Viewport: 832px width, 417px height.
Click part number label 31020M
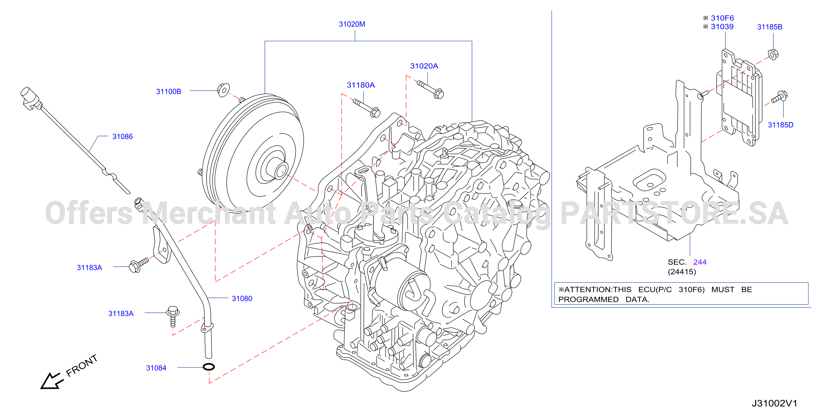point(352,24)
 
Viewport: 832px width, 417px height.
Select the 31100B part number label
point(169,92)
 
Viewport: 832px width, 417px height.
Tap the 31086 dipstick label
point(122,136)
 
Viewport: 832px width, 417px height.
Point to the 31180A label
point(361,85)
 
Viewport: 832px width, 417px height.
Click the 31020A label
point(424,66)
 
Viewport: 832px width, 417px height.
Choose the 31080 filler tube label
point(242,298)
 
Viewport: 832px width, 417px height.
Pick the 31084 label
point(156,368)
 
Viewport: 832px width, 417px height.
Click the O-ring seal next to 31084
point(209,367)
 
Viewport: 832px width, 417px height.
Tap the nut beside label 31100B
point(223,90)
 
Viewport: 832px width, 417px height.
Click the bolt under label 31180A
point(367,108)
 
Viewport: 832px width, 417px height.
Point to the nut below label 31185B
point(773,54)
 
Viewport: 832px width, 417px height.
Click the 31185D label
point(780,125)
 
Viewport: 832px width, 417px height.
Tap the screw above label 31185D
point(779,97)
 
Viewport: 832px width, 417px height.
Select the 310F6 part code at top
point(722,18)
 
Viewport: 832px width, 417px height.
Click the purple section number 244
point(700,262)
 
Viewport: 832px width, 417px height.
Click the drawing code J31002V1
point(774,403)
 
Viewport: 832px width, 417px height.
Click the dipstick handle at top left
point(31,98)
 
